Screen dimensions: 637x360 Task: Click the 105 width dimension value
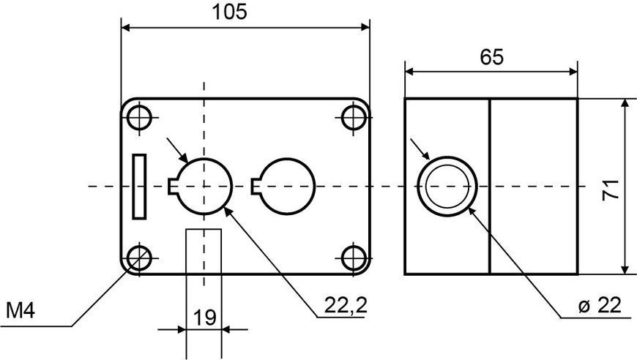229,12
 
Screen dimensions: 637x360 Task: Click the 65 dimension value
491,57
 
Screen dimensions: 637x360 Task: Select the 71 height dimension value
611,189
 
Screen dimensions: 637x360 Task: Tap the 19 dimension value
204,318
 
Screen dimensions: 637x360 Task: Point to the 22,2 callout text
346,305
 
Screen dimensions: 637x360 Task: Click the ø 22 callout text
600,305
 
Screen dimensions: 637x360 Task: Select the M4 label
21,311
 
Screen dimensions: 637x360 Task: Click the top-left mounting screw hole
139,119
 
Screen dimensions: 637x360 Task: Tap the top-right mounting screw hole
354,118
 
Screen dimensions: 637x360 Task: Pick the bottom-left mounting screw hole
139,258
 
